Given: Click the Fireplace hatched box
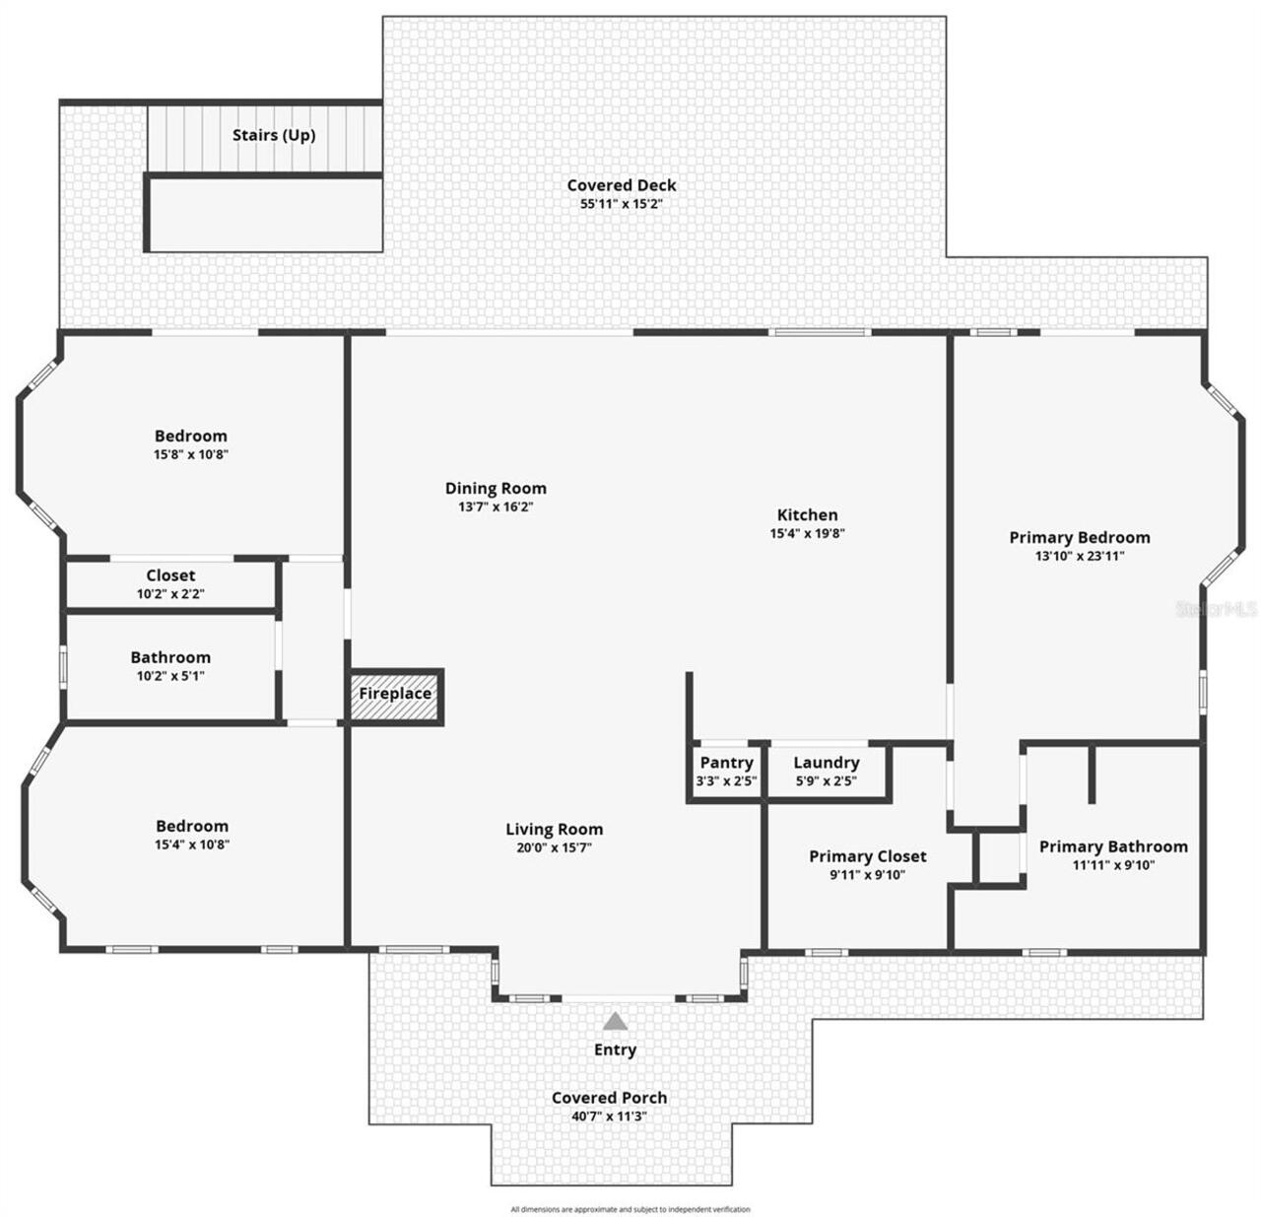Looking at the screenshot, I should coord(395,694).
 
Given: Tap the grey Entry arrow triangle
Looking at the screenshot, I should coord(615,1021).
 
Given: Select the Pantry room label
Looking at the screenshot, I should coord(726,763).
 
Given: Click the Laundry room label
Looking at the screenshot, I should coord(826,763).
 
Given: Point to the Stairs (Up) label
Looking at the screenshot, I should coord(274,135).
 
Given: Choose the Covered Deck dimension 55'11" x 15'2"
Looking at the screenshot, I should coord(621,205).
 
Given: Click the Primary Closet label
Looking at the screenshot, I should coord(867,856).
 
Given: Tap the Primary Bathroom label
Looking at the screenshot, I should coord(1113,846).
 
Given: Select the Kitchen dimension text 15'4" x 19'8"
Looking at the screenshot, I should coord(807,534).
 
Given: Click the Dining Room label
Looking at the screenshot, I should coord(496,488).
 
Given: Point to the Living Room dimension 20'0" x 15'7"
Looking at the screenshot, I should coord(554,848).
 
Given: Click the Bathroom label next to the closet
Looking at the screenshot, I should coord(170,657).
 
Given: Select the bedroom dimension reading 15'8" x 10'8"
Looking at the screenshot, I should coord(191,455).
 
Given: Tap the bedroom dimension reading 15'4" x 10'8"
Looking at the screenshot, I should coord(191,845).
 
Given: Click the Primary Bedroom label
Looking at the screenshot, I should coord(1080,537).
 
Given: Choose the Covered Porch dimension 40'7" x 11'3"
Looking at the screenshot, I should coord(609,1116).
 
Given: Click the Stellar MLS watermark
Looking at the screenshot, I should coord(1218,609).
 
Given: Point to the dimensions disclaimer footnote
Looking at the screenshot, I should coord(630,1209).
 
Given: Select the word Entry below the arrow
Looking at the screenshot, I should coord(615,1050).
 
